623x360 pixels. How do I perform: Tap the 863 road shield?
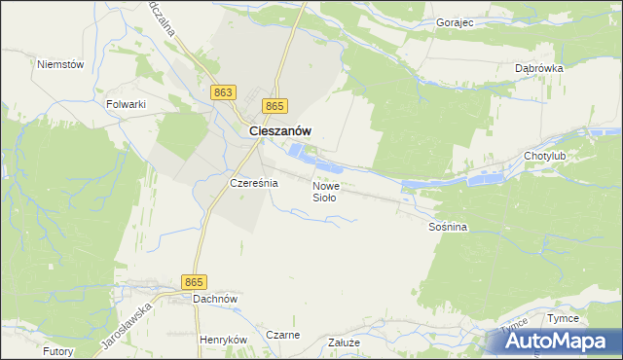click(x=223, y=91)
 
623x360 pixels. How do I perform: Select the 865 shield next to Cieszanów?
click(x=275, y=106)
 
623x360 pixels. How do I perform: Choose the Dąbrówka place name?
click(x=539, y=69)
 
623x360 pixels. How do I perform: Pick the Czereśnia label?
click(x=254, y=183)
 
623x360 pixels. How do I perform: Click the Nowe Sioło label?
click(x=325, y=191)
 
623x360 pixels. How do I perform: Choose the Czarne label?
click(x=282, y=335)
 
